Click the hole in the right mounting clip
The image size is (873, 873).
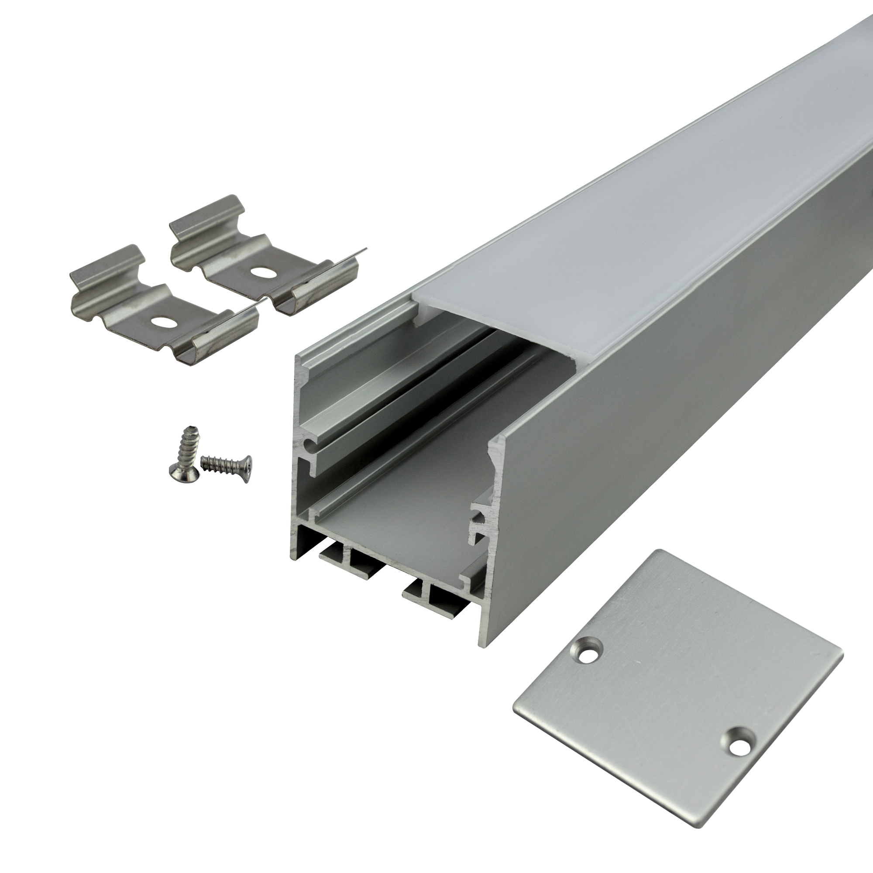[259, 272]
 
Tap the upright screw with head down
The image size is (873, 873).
[183, 453]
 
